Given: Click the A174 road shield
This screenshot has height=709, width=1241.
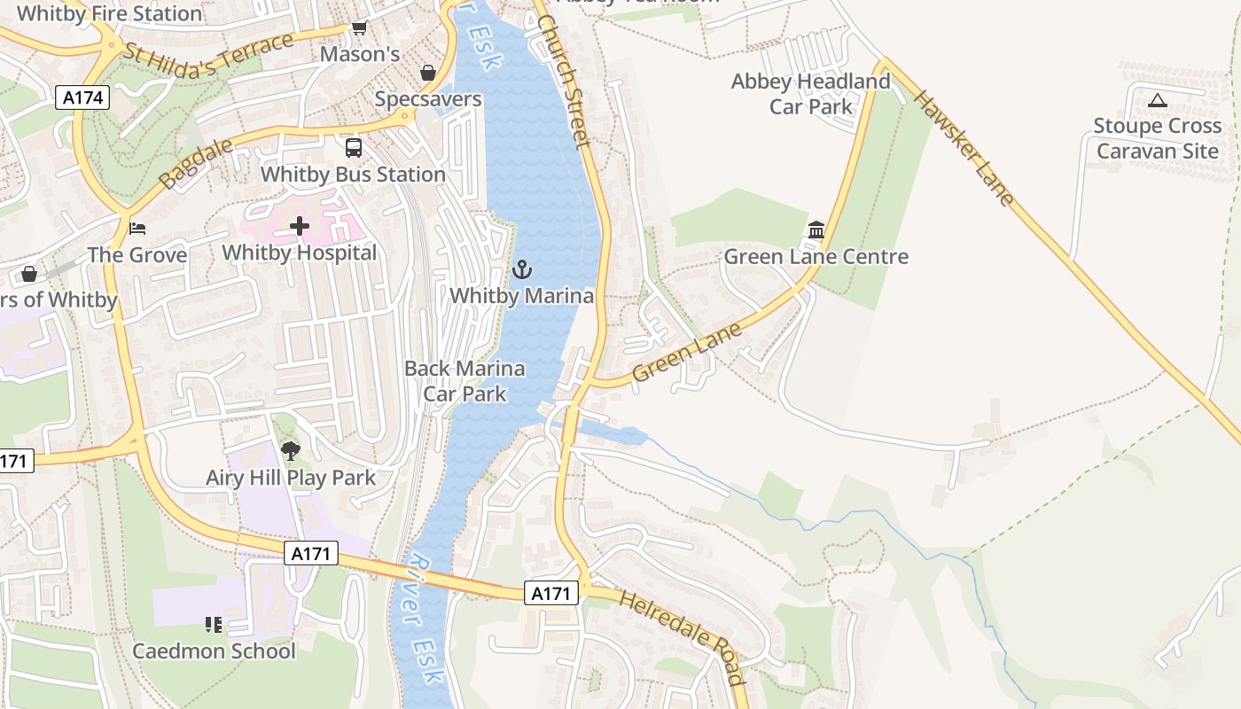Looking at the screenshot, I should (84, 97).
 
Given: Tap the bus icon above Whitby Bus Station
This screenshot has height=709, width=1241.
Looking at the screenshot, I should (354, 148).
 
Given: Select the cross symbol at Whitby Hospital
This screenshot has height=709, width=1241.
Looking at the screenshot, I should (300, 227).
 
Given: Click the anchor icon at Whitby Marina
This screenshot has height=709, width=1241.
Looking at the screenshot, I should (522, 269).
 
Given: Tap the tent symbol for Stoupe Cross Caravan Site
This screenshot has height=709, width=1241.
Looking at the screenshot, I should (1157, 101).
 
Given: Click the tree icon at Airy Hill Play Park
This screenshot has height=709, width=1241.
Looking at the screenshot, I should (290, 452).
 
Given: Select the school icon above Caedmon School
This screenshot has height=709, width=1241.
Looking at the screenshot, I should (213, 626).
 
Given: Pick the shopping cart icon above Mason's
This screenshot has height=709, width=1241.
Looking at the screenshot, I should (359, 28).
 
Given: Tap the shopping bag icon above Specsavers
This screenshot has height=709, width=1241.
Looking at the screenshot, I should (428, 73).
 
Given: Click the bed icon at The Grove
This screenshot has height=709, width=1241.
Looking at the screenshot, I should (137, 229).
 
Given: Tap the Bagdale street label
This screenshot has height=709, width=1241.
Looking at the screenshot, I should (196, 164).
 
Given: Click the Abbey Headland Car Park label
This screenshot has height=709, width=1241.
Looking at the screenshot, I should (810, 94).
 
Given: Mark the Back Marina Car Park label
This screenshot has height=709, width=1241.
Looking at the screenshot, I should (464, 381).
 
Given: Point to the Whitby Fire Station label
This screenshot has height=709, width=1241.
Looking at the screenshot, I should (109, 13).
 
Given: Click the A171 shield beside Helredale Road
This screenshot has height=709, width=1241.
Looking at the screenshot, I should (550, 594).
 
